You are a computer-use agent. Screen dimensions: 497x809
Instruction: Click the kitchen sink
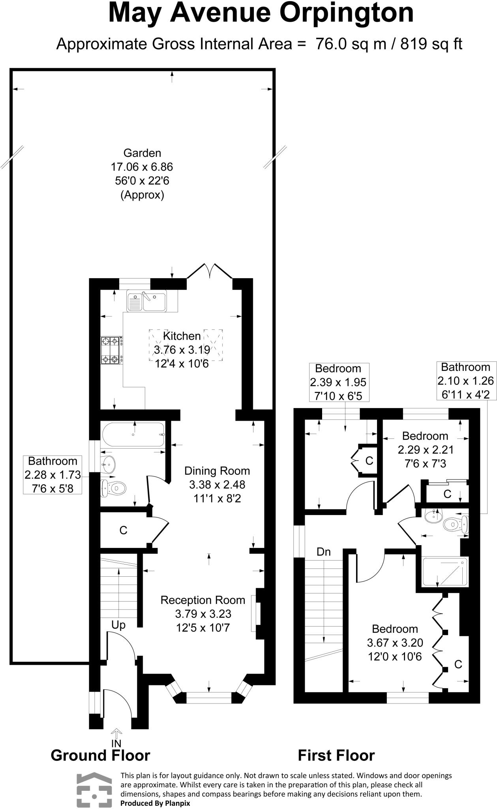coord(146,301)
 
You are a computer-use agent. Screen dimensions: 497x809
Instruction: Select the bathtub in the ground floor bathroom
coord(133,435)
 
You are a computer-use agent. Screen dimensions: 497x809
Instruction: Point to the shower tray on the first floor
coord(445,571)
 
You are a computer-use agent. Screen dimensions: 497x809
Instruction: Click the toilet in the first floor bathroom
coord(456,525)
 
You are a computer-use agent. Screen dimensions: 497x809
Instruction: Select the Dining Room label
coord(217,470)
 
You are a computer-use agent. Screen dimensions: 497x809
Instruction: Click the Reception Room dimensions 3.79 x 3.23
coord(203,614)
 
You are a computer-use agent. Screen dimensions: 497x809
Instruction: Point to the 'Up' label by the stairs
coord(118,625)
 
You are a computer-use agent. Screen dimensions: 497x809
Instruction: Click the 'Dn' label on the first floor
coord(324,552)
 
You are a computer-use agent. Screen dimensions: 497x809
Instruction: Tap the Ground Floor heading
coord(101,755)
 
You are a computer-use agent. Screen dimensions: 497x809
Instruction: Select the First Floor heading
coord(336,755)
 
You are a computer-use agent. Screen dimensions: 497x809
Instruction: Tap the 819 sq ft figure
coord(431,44)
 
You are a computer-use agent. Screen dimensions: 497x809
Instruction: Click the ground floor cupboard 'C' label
coord(123,531)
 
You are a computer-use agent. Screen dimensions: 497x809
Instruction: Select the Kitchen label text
coord(182,336)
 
